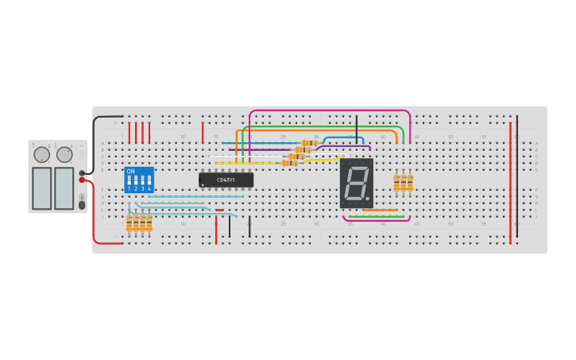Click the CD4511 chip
click(226, 180)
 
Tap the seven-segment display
click(357, 183)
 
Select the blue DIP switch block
click(139, 180)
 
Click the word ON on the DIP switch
click(130, 171)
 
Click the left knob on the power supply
click(41, 154)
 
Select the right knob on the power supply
click(64, 154)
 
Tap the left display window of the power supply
click(41, 188)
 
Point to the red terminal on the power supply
click(82, 180)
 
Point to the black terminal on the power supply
click(82, 172)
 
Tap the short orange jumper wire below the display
click(381, 211)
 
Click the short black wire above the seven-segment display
click(357, 127)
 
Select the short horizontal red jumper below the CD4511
click(219, 210)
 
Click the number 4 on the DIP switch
click(149, 189)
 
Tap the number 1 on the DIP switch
click(129, 189)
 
